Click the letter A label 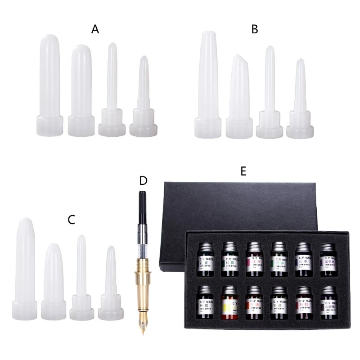tap(95, 30)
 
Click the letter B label tap(255, 30)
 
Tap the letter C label tap(71, 220)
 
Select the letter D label tap(143, 181)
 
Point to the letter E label tap(243, 171)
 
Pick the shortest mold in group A tap(143, 99)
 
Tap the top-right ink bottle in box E tap(327, 258)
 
